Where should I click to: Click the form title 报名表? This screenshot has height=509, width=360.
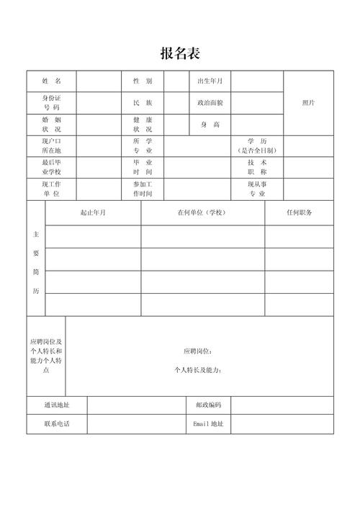tap(179, 53)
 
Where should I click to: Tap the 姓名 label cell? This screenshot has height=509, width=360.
tap(52, 81)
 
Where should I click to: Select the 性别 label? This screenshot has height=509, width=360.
tap(142, 81)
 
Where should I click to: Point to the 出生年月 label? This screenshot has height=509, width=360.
tap(210, 81)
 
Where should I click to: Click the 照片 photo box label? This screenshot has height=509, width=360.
tap(308, 102)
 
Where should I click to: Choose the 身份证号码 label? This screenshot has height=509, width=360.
tap(52, 102)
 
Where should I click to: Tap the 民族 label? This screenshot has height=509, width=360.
tap(142, 102)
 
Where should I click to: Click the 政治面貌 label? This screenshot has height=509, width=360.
tap(210, 102)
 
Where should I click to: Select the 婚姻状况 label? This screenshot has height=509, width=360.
tap(52, 124)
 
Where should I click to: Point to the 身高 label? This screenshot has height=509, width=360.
tap(210, 124)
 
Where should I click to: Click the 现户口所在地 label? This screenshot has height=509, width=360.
tap(52, 145)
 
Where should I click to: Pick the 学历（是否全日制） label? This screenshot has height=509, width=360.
tap(257, 145)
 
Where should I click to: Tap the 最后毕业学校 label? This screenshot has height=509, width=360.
tap(52, 167)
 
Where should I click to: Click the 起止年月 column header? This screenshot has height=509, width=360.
tap(93, 213)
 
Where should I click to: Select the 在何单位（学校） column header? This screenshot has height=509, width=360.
tap(202, 213)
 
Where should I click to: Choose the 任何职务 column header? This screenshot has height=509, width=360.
tap(299, 213)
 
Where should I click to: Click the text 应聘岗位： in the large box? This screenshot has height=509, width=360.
tap(198, 351)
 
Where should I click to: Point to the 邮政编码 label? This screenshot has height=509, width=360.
tap(209, 405)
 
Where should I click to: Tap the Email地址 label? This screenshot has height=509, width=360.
tap(209, 424)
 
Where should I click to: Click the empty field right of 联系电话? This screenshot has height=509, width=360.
tap(133, 424)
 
